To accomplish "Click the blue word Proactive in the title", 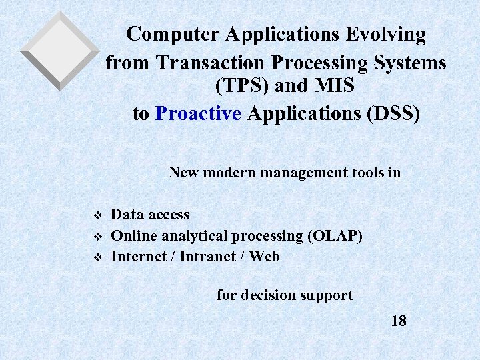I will (x=198, y=113).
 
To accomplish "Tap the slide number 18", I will (x=399, y=321).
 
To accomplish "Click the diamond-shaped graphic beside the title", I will (x=59, y=51).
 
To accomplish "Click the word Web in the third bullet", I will (x=265, y=257).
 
